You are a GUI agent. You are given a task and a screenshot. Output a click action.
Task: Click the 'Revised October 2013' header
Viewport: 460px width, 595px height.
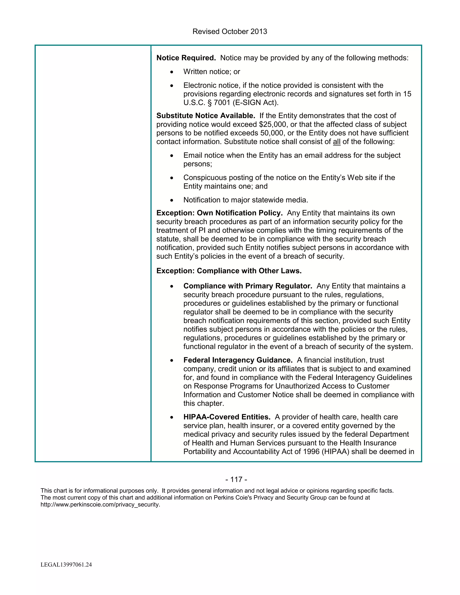point(230,32)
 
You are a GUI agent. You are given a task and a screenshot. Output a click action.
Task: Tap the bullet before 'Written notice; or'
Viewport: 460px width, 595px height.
point(171,72)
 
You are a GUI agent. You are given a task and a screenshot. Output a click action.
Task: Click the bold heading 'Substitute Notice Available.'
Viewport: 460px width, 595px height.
point(206,116)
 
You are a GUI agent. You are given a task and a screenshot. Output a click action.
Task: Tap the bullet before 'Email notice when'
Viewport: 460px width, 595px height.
point(171,156)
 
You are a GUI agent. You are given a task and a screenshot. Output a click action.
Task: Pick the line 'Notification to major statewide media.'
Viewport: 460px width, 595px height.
point(245,200)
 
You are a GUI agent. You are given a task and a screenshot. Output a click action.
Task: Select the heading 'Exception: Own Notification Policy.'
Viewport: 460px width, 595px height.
point(219,213)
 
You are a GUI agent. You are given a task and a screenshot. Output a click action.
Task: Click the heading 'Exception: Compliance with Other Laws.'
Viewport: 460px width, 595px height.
point(229,271)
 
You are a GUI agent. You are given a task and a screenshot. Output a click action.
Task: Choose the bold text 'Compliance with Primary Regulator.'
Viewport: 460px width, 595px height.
point(248,286)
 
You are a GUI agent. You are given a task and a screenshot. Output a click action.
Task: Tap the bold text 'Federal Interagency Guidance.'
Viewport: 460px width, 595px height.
point(238,360)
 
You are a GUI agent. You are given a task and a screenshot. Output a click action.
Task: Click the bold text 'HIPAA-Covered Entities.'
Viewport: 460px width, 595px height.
point(227,417)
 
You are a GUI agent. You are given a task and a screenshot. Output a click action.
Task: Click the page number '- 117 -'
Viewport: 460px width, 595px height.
point(236,480)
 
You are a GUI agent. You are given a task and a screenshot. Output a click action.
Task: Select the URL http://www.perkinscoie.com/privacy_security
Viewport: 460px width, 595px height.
point(100,505)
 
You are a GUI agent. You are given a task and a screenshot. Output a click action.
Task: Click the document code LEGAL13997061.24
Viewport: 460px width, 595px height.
point(66,565)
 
